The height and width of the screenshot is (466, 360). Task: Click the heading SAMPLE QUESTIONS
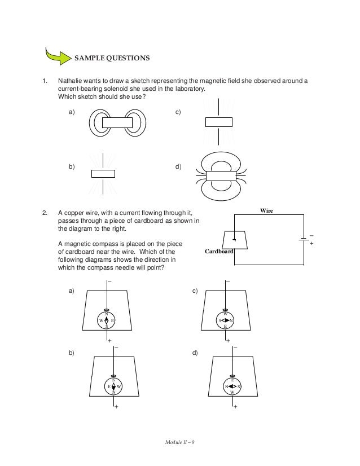tap(112, 58)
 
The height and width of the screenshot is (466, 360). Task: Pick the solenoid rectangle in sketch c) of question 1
tap(218, 122)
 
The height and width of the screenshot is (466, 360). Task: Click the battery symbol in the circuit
tap(304, 240)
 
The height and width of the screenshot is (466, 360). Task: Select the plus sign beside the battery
tap(312, 245)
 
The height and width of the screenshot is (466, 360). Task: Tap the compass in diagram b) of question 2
tap(114, 386)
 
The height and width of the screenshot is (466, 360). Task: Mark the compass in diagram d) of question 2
tap(232, 386)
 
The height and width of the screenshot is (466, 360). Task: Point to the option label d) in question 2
tap(195, 353)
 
